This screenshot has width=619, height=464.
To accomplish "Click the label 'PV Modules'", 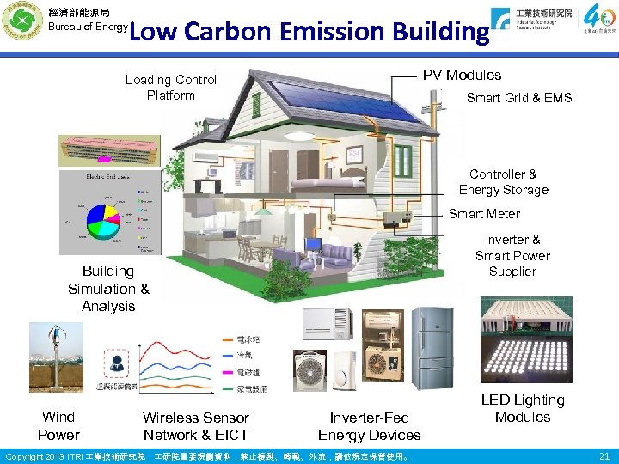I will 462,76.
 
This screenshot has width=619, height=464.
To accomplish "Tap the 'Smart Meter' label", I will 484,214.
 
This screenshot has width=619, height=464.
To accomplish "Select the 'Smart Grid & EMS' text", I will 518,98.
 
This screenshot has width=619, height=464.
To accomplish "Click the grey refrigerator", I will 430,347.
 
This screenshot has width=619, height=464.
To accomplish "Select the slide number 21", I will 604,455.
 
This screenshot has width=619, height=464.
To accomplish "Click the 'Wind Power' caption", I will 58,425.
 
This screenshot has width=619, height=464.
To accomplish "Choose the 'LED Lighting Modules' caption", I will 523,408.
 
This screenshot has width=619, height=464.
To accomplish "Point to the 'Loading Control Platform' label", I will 171,88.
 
